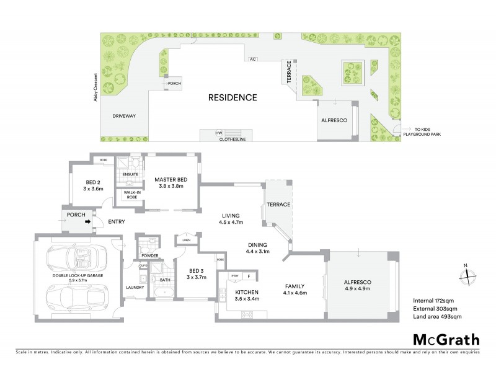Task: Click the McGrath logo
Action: coord(446,339)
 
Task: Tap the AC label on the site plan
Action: coord(252,60)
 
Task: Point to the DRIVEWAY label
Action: coord(123,116)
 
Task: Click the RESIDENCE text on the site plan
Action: coord(232,97)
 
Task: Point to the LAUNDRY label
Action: coord(135,287)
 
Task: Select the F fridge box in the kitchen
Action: coord(249,276)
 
